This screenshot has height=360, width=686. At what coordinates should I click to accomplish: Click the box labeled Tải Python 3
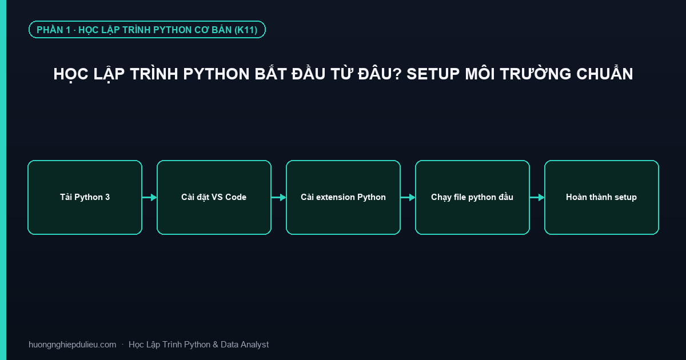tap(85, 198)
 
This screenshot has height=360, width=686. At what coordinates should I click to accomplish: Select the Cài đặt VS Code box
tap(214, 198)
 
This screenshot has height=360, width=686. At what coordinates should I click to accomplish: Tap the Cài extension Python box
tap(343, 198)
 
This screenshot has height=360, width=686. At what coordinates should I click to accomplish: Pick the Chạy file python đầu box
tap(472, 198)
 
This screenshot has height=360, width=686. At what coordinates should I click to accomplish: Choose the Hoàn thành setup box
tap(601, 198)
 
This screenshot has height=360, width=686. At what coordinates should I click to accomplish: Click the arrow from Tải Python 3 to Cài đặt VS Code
tap(149, 198)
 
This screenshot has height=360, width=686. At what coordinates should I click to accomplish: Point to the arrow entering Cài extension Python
tap(279, 198)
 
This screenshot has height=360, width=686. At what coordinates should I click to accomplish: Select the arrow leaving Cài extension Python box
tap(408, 198)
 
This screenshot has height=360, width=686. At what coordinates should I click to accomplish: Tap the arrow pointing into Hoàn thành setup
tap(537, 198)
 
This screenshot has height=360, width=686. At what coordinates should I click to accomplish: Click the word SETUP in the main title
tap(433, 74)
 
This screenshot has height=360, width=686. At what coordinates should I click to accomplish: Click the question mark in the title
tap(397, 74)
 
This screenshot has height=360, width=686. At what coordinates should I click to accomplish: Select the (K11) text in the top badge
tap(246, 30)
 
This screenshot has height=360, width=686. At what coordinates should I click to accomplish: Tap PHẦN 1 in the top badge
tap(54, 30)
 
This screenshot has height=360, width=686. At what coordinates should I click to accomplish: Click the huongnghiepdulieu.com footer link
tap(72, 345)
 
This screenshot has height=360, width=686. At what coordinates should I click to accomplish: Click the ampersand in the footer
tap(215, 345)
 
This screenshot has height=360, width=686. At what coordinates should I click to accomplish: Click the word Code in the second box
tap(236, 197)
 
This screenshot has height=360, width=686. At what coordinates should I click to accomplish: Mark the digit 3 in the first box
tap(107, 197)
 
